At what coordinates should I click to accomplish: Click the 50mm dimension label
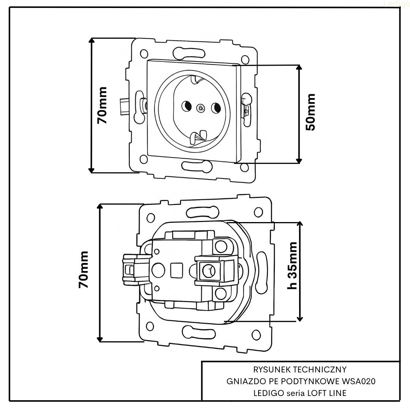311,112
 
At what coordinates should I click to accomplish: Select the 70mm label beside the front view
102,105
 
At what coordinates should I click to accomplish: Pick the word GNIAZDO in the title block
241,381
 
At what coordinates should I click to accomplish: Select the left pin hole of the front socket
186,107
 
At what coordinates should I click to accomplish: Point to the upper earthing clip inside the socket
196,80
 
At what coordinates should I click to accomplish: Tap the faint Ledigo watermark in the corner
397,3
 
